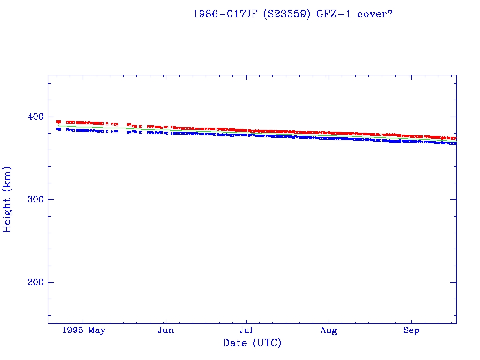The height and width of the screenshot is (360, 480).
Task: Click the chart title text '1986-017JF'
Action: click(x=225, y=14)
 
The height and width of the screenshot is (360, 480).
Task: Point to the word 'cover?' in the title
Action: click(x=375, y=14)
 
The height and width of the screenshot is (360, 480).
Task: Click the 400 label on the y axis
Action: click(x=35, y=117)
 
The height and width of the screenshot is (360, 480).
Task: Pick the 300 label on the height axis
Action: click(x=35, y=199)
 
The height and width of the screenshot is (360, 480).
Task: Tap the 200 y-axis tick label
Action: click(x=35, y=282)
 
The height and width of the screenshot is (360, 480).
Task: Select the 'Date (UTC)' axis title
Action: click(x=252, y=343)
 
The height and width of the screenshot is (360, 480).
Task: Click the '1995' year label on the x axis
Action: click(x=74, y=330)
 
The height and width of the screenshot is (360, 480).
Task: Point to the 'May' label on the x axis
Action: click(x=97, y=330)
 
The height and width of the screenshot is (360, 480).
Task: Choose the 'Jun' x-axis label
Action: click(x=165, y=330)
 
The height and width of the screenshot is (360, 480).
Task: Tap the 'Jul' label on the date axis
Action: click(x=246, y=330)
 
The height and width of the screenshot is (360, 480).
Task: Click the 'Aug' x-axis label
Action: click(x=329, y=330)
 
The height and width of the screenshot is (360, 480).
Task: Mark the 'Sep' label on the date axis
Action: click(x=411, y=330)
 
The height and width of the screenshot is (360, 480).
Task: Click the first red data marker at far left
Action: click(x=59, y=122)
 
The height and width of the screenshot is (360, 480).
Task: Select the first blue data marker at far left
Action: click(x=59, y=129)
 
